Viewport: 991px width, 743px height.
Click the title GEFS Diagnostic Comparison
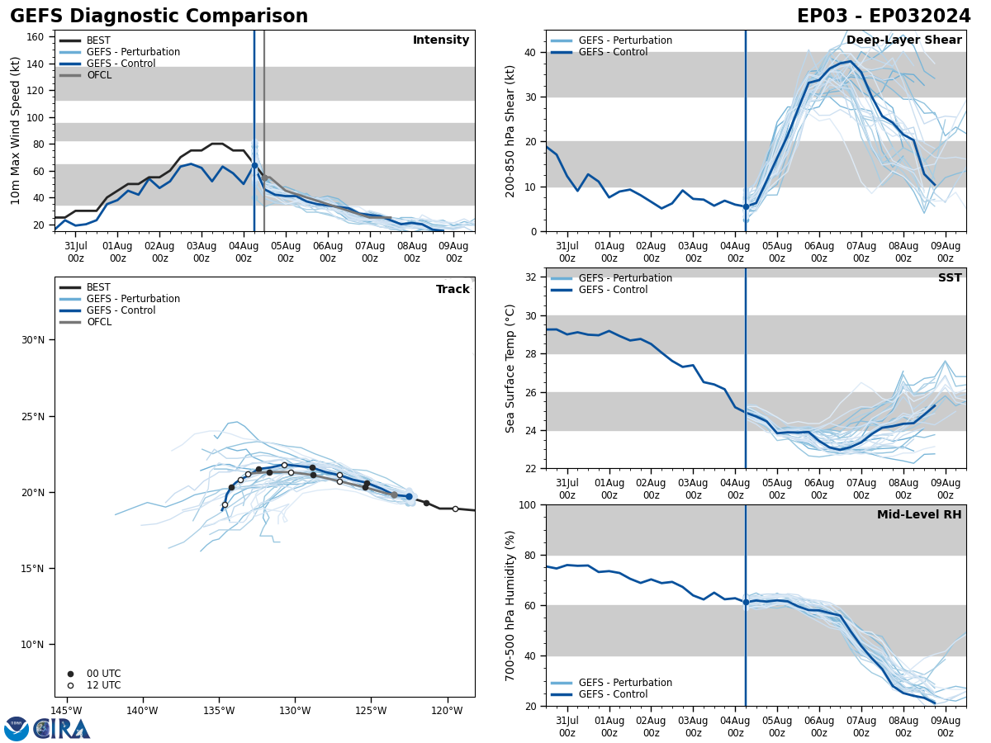(x=159, y=17)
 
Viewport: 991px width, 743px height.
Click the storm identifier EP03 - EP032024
(x=884, y=17)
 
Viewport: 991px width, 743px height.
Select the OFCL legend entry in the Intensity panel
(x=98, y=75)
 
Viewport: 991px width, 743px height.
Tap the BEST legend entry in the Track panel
(x=98, y=287)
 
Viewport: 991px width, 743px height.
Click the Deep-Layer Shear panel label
(x=903, y=40)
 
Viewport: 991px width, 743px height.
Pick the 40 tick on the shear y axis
(x=529, y=52)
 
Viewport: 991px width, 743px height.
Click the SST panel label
(x=950, y=278)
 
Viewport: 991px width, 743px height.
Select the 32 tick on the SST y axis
(x=529, y=277)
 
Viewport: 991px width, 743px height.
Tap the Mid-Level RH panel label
(x=918, y=515)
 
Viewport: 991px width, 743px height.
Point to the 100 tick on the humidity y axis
(x=525, y=505)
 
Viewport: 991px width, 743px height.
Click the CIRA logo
(x=62, y=728)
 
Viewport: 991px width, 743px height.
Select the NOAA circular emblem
(x=17, y=728)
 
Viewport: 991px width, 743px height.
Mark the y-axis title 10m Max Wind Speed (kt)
(x=16, y=130)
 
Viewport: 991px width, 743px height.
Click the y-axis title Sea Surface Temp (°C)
(x=510, y=368)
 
